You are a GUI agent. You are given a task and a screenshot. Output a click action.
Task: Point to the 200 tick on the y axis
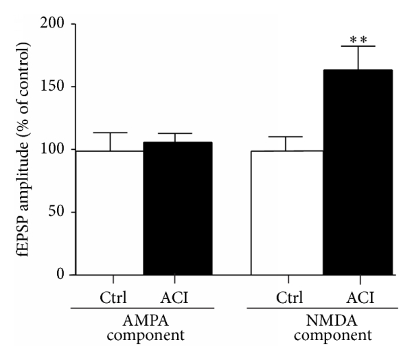(x=58, y=24)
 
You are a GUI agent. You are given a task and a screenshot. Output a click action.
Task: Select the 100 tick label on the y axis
(x=58, y=150)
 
